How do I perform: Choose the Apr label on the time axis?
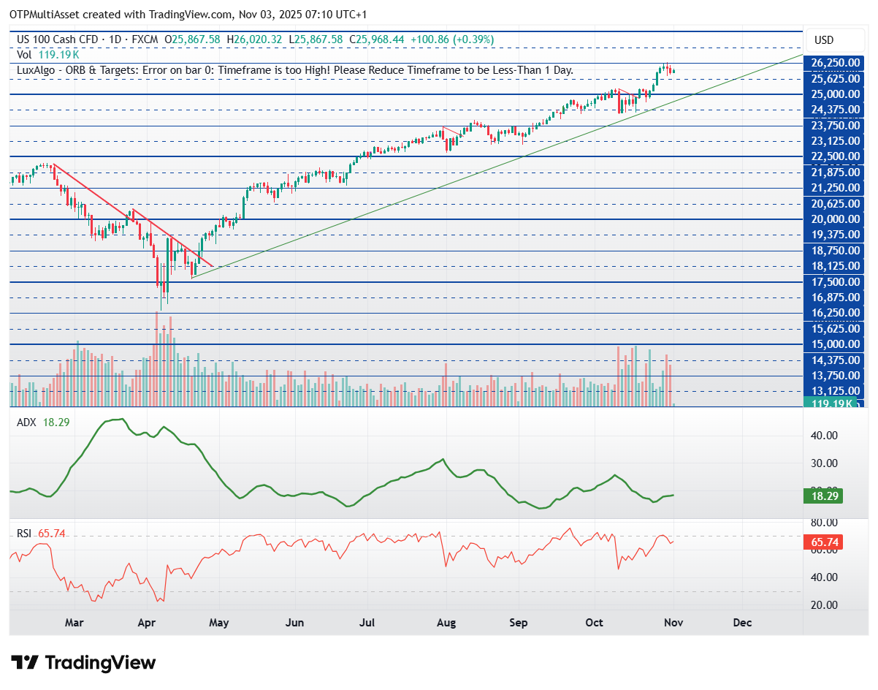pos(147,623)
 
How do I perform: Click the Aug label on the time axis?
pos(446,623)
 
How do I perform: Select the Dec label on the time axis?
pos(742,623)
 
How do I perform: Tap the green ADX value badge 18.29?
pos(822,496)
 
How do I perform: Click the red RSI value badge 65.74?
pos(822,542)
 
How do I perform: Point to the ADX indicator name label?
pos(27,422)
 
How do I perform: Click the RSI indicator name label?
pos(24,534)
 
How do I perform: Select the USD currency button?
pos(824,40)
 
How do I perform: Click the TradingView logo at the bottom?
pos(83,662)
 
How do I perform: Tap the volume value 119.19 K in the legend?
pos(59,55)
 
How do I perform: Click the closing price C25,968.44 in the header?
pos(377,39)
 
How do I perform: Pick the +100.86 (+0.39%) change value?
pos(452,39)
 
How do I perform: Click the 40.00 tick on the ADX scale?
pos(824,436)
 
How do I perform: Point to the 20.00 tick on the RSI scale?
pos(824,605)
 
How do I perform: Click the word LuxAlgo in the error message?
pos(36,70)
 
